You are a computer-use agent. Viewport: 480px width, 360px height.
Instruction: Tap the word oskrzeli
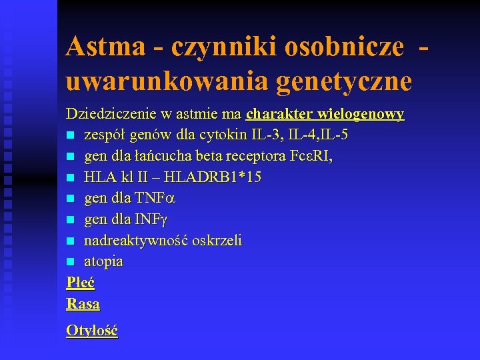coord(217,240)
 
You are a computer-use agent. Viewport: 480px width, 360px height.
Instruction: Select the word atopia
coord(103,261)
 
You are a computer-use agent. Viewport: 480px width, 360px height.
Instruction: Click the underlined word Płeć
coord(81,283)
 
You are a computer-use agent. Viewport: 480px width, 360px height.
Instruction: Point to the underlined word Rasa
coord(83,304)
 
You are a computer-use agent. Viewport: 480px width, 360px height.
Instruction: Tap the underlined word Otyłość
coord(92,331)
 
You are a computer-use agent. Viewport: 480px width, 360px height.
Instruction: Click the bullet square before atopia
coord(71,262)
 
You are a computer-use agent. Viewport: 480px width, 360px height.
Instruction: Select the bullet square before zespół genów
coord(71,135)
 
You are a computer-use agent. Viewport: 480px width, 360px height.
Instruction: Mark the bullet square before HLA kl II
coord(71,178)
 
